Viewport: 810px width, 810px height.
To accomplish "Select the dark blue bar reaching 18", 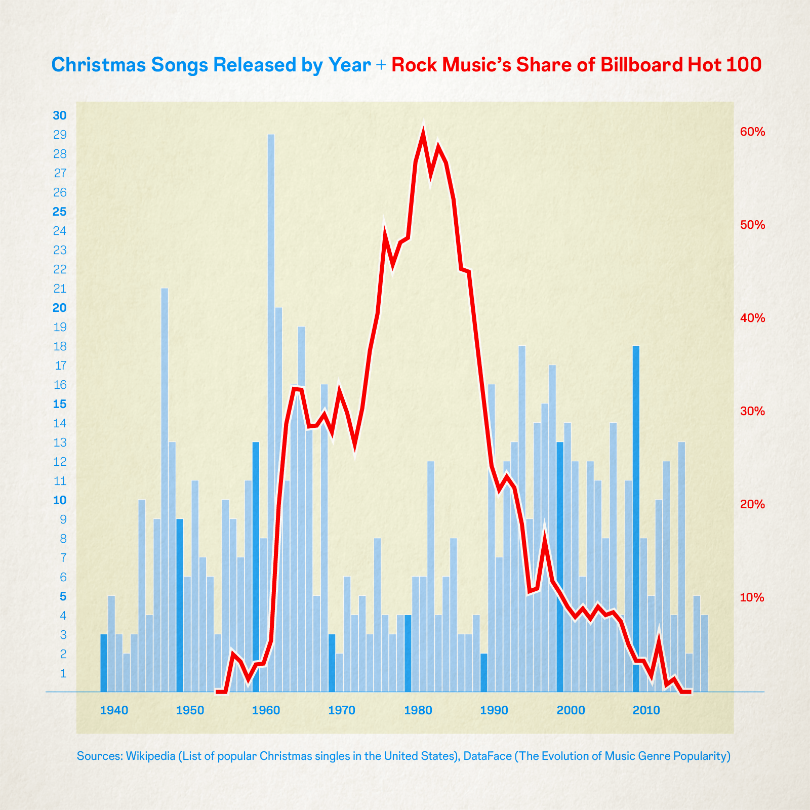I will click(636, 506).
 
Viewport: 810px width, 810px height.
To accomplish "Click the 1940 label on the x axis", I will click(114, 710).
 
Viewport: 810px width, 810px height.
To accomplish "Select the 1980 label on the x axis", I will click(418, 710).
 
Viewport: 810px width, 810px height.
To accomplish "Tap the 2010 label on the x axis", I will click(646, 710).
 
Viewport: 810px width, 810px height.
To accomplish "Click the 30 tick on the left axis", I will click(60, 115).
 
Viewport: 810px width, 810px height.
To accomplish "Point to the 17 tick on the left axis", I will click(60, 366).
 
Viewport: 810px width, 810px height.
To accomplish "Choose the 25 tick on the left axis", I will click(60, 212).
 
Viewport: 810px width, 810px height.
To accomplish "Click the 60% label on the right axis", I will click(752, 132).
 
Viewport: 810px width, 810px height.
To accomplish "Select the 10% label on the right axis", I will click(752, 597).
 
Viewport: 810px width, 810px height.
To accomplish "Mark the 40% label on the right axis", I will click(752, 318).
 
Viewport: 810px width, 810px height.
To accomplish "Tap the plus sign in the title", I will click(381, 65).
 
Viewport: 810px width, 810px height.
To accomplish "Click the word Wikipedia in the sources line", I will click(150, 756).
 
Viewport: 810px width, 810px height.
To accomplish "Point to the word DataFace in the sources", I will click(483, 756).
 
